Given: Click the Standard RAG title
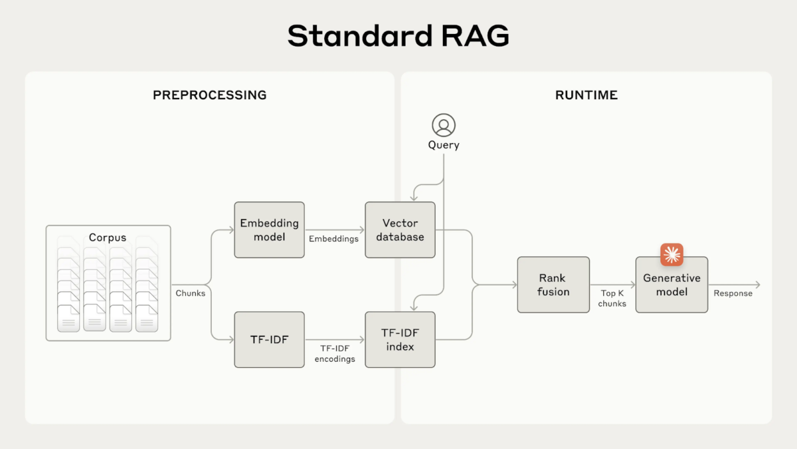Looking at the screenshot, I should (x=398, y=36).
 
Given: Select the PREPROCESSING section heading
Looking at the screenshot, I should (x=209, y=95).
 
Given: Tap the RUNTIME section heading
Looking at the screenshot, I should (x=586, y=95).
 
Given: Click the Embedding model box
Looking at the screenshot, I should (x=269, y=230).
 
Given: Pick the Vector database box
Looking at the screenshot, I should (x=400, y=230).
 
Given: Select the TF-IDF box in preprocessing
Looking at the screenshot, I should (x=269, y=339).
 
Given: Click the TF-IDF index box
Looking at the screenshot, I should (x=400, y=339).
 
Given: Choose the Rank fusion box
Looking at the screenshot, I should (x=553, y=285).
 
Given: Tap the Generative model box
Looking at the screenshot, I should (x=671, y=285).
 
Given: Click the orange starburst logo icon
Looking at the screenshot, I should (x=671, y=254).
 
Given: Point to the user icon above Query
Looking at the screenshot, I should (x=444, y=125).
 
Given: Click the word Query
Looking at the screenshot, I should (x=444, y=145).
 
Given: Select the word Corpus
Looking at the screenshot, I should (x=108, y=237).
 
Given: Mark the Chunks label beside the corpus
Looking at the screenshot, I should (x=191, y=293).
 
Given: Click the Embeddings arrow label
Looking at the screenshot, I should (x=333, y=239).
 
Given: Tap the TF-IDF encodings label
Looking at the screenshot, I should (x=333, y=353).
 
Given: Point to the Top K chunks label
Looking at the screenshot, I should (x=612, y=298).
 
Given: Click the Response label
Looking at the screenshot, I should (x=733, y=293).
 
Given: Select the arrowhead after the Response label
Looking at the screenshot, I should (x=757, y=285).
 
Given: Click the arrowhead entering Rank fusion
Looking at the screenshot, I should (x=514, y=285).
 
